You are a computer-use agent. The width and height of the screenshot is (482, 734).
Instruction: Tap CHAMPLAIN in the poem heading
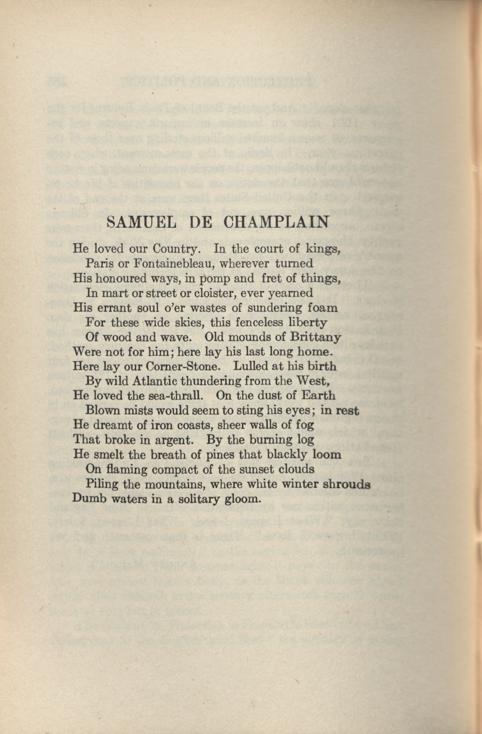[276, 222]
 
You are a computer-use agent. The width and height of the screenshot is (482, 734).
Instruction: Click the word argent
[174, 440]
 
